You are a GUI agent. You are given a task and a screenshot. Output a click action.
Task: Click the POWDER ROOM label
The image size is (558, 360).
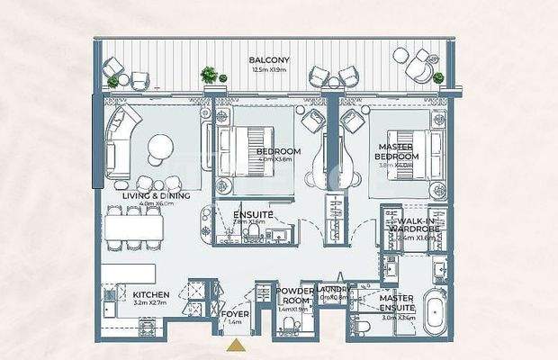coord(294,296)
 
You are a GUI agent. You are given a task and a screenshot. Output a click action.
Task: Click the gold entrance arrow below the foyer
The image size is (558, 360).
coord(235,344)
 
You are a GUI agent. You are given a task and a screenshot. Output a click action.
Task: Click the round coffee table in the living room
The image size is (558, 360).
coord(163,148)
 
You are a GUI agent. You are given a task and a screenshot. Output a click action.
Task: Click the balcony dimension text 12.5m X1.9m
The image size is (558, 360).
coord(267,69)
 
